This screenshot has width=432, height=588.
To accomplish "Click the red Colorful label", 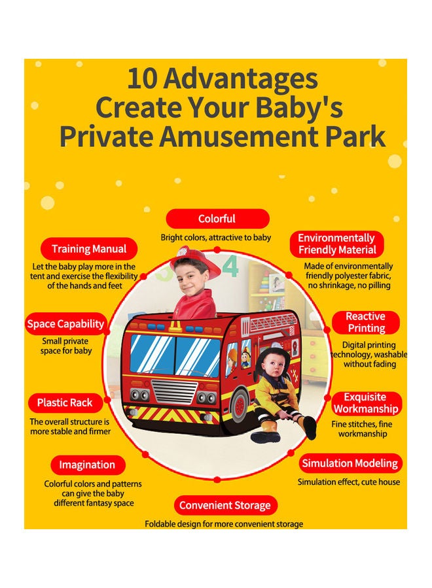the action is pyautogui.click(x=217, y=219).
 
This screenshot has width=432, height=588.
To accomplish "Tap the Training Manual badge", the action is pyautogui.click(x=88, y=249).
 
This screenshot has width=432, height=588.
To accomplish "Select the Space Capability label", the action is pyautogui.click(x=65, y=324).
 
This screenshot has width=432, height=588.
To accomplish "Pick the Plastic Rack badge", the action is pyautogui.click(x=65, y=402).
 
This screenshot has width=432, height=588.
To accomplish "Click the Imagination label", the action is pyautogui.click(x=88, y=465).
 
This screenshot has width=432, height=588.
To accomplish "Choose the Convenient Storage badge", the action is pyautogui.click(x=225, y=505).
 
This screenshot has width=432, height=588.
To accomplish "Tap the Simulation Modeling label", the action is pyautogui.click(x=350, y=463).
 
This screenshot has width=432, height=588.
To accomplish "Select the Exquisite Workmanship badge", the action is pyautogui.click(x=366, y=403).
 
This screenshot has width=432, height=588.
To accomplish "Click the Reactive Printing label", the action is pyautogui.click(x=366, y=322).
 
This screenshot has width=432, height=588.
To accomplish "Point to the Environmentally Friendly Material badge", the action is pyautogui.click(x=337, y=244).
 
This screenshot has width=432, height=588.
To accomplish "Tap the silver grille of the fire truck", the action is pyautogui.click(x=174, y=392).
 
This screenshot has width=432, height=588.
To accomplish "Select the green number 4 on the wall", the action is pyautogui.click(x=230, y=267).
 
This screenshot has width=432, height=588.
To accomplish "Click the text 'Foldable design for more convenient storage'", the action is pyautogui.click(x=224, y=524).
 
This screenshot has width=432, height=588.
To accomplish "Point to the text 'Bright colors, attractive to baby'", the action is pyautogui.click(x=216, y=237).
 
